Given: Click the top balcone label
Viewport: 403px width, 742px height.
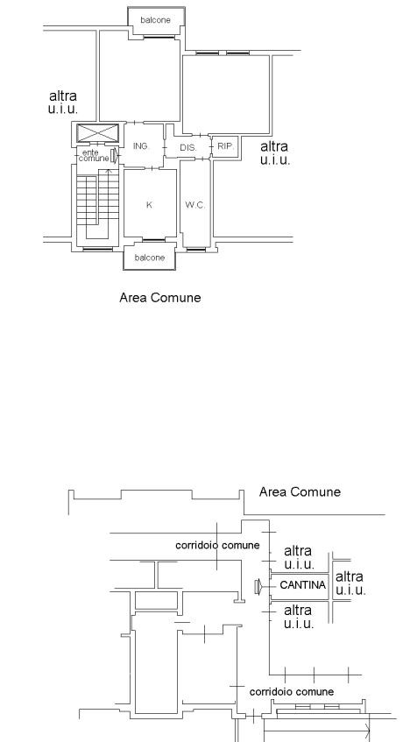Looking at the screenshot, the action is coord(155,20).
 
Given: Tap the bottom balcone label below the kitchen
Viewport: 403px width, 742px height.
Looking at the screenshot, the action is coord(150,258).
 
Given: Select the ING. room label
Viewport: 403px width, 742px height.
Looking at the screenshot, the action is coord(141,146).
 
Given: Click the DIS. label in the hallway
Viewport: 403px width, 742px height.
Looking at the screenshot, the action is coord(188,148).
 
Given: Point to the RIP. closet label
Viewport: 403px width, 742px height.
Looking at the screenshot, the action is coord(226,146).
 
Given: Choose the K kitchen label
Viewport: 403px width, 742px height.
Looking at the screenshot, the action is coord(150,205).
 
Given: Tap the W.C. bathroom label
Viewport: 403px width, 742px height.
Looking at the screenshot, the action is coord(194,205).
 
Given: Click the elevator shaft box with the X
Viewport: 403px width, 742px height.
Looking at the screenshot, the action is coord(98,132).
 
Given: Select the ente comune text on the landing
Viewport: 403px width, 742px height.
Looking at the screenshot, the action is coord(94,156).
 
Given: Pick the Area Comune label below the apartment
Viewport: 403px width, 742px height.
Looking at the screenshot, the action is coord(159,298).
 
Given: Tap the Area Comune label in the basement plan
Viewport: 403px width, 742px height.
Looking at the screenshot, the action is coord(300,491).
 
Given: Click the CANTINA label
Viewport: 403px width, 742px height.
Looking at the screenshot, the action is coord(303,585).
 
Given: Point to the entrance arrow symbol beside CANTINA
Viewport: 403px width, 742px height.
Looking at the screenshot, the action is coord(258,587).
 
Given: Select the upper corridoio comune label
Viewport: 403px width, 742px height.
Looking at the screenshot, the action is coord(217,545).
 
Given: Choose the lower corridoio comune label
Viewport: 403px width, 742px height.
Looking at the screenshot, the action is coord(292,692).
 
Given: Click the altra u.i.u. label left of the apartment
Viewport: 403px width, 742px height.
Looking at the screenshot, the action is coord(63,102).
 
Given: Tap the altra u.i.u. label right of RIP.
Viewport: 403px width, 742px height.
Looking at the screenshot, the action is coord(275,152).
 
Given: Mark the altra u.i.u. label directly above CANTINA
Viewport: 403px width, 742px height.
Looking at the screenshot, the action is coord(299,557).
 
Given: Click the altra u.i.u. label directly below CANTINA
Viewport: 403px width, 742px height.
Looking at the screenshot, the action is coord(299,617).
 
